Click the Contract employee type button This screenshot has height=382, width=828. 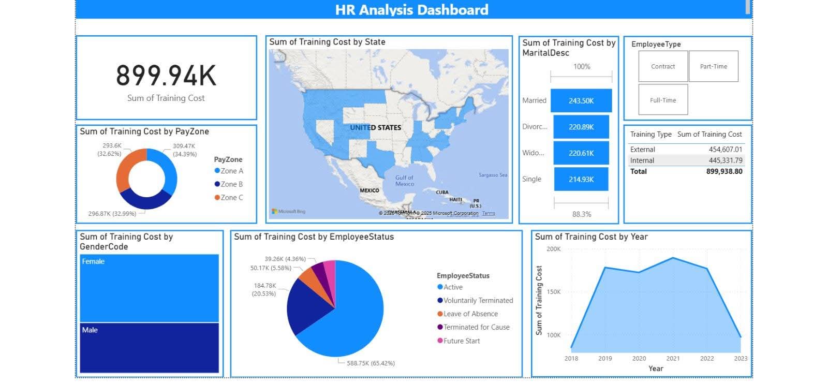click(663, 66)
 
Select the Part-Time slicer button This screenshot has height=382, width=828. click(713, 66)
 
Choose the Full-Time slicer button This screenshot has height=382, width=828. click(663, 100)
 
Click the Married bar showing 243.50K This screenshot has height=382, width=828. click(581, 101)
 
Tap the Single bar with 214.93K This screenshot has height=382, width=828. click(581, 179)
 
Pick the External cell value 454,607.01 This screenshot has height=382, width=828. click(725, 150)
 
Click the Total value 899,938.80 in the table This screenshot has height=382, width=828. click(724, 171)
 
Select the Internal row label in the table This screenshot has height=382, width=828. click(642, 160)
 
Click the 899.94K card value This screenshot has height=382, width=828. click(166, 76)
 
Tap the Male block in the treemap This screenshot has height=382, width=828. click(149, 347)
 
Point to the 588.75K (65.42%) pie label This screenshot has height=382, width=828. click(371, 363)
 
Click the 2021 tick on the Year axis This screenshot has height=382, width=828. click(673, 358)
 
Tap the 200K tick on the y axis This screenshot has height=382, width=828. click(553, 249)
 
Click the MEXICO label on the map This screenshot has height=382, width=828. click(369, 190)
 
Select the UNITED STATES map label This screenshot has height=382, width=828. click(375, 127)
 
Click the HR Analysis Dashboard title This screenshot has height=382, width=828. click(411, 10)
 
